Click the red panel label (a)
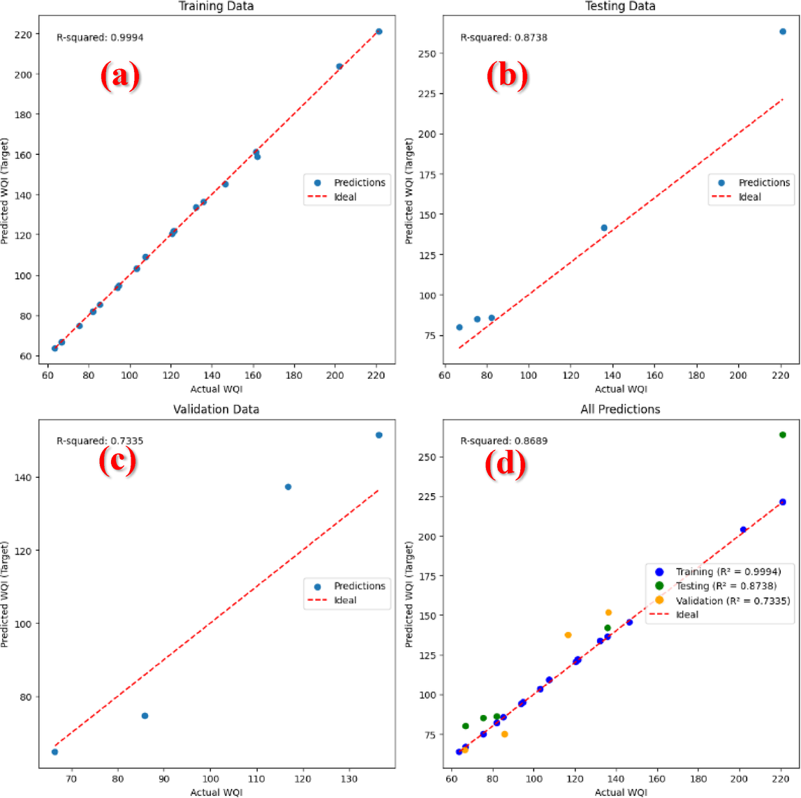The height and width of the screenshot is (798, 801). tap(119, 75)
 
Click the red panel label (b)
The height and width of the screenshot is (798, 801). tap(507, 75)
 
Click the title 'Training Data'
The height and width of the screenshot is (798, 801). tap(216, 6)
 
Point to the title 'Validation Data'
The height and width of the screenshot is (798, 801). tap(216, 409)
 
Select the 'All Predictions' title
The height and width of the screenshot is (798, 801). tap(620, 409)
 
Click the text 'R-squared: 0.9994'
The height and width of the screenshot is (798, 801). tap(100, 38)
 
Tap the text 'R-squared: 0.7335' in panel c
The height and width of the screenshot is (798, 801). tap(100, 441)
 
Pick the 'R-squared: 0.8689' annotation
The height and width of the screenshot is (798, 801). tap(504, 441)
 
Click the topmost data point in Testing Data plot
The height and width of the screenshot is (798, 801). tap(783, 31)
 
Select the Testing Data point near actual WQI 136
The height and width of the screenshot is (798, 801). tap(604, 228)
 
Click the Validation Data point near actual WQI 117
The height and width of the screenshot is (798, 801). tap(288, 487)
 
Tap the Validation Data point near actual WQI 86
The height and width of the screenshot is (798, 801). tap(145, 716)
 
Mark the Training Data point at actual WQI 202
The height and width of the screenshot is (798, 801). tap(339, 66)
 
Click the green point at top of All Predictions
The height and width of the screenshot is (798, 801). tap(783, 435)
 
